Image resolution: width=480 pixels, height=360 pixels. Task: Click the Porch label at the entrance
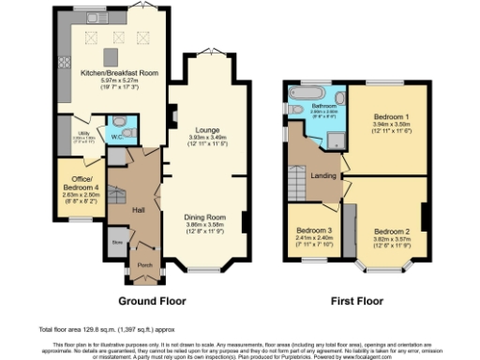pyautogui.click(x=144, y=263)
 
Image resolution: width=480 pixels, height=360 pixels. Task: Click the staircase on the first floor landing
pyautogui.click(x=298, y=177)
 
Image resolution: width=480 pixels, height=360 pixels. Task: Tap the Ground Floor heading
pyautogui.click(x=151, y=301)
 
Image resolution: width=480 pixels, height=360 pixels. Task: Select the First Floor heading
pyautogui.click(x=358, y=301)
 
